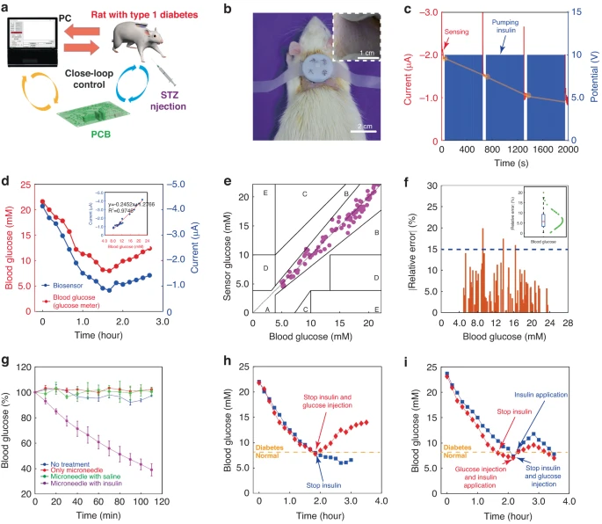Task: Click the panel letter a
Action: coord(7,8)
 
